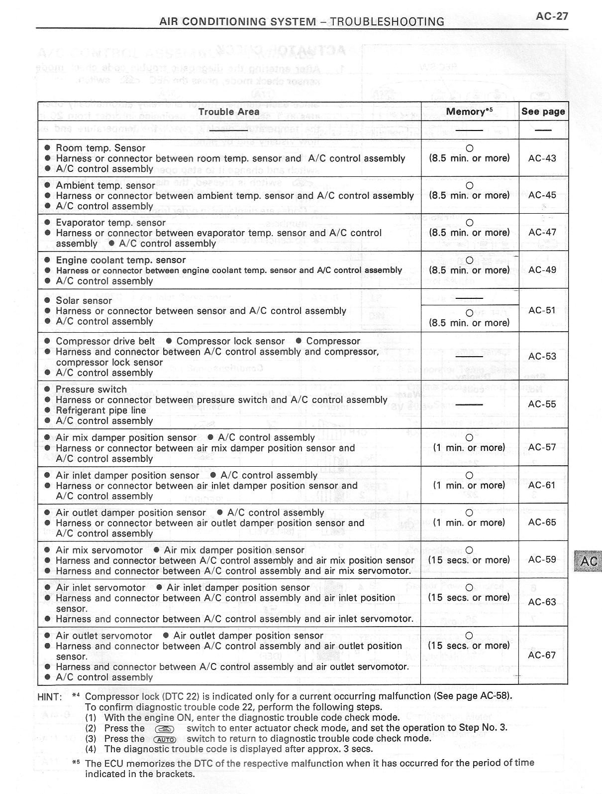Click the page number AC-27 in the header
pos(552,16)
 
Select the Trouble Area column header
pos(229,112)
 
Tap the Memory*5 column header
pos(469,112)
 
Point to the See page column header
pos(543,112)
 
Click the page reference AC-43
pos(542,158)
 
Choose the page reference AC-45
pos(542,195)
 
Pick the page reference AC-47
pos(542,232)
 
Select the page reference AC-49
pos(542,270)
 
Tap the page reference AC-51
pos(542,310)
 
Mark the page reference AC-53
pos(542,356)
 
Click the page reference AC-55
pos(542,404)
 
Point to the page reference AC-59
pos(542,559)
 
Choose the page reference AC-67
pos(542,655)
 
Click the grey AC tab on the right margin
pos(589,561)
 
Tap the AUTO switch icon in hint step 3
pos(165,740)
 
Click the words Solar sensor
pos(84,300)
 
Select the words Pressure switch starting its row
pos(91,389)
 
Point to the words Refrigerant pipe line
pos(101,410)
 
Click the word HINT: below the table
pos(50,697)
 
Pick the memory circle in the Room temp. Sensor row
pos(469,148)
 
